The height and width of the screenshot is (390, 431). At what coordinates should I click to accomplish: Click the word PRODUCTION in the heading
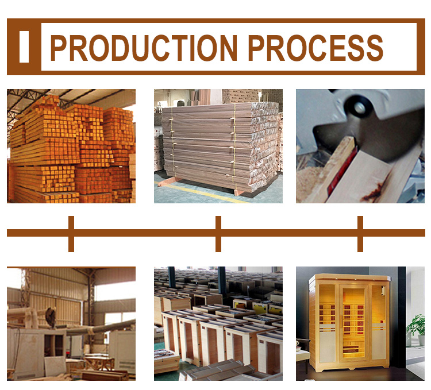click(x=144, y=48)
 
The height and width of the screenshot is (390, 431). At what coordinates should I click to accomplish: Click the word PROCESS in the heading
click(x=315, y=48)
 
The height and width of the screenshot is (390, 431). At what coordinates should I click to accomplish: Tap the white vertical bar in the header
click(x=24, y=47)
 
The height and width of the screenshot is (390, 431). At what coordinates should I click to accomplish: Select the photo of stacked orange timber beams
click(x=71, y=146)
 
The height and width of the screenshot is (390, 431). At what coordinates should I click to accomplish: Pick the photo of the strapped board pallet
click(x=218, y=146)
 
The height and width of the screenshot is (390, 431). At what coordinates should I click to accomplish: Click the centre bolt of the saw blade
click(x=359, y=107)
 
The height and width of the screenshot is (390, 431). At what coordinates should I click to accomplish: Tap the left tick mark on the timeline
click(x=71, y=234)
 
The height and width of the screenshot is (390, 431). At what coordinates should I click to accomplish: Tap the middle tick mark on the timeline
click(x=218, y=234)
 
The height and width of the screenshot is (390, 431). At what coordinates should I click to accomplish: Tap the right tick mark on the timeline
click(x=360, y=234)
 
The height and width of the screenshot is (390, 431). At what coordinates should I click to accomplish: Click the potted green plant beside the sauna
click(x=417, y=330)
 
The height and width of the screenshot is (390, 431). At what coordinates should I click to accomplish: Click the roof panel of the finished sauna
click(x=349, y=277)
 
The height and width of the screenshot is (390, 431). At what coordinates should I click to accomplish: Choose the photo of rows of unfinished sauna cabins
click(x=218, y=323)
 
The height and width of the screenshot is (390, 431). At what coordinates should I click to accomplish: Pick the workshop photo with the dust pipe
click(x=71, y=323)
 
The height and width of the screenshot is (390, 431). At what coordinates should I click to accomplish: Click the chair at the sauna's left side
click(x=303, y=354)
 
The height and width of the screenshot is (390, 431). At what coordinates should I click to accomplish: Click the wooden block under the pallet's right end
click(x=238, y=192)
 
